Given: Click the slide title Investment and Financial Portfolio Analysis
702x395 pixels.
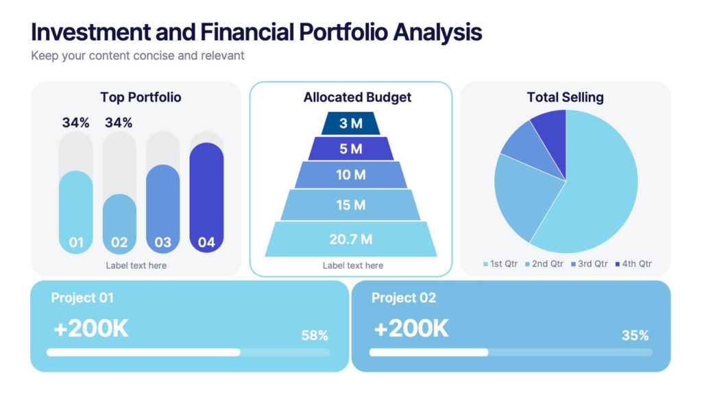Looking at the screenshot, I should pos(256,32).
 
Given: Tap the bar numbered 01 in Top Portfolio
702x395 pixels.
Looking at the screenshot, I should pos(76,213).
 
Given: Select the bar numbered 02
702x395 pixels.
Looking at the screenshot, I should pos(119,224).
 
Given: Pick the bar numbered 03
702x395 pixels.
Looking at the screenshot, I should pos(162,209).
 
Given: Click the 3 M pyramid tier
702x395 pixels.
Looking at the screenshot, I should pos(351,123).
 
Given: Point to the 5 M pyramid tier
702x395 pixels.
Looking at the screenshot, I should pos(351,148).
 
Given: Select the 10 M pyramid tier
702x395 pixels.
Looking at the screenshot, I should pos(351,175).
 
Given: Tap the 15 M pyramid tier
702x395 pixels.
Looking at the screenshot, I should pos(351,205).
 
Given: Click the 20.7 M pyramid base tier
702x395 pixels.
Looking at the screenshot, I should pos(351,239).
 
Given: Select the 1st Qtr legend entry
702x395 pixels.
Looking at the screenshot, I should pos(501,264).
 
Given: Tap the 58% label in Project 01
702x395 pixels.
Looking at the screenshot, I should pos(315,335).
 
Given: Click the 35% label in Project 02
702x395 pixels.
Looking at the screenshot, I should pos(635,335).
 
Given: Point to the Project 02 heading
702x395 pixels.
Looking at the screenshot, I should pos(403,298).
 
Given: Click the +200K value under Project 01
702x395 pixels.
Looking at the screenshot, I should pos(91,328).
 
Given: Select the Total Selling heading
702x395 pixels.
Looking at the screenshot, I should pos(565,97).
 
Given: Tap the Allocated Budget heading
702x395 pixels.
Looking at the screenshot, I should pos(357,97).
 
